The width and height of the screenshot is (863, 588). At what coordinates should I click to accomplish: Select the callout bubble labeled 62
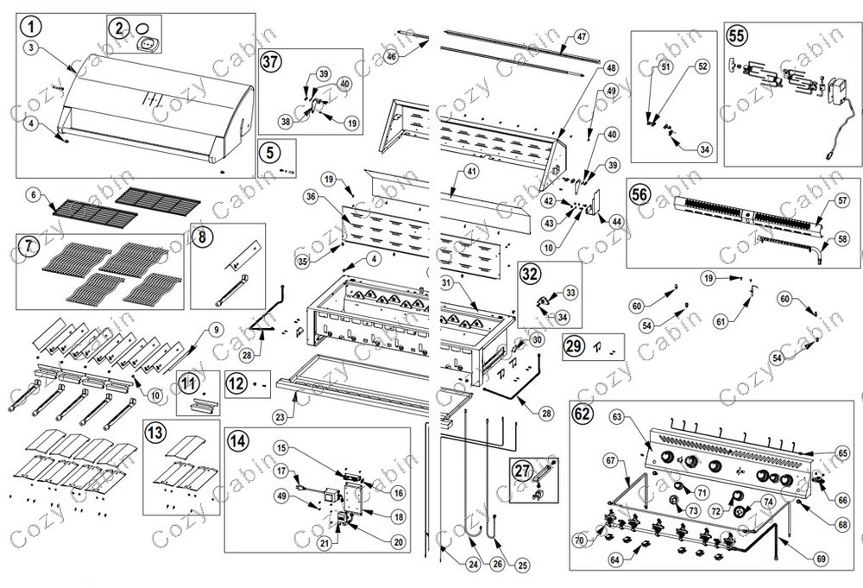[x=583, y=412]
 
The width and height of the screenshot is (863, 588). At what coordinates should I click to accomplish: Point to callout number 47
[x=581, y=37]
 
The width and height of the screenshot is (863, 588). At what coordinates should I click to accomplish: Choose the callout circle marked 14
[x=237, y=439]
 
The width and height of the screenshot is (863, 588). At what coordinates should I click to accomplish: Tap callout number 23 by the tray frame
[x=279, y=417]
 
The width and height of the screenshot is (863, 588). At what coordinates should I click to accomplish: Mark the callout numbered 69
[x=821, y=559]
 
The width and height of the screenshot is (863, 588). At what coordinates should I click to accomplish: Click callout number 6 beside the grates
[x=34, y=196]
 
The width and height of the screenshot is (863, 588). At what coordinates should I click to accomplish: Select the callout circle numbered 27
[x=520, y=471]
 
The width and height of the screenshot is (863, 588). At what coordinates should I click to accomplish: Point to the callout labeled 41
[x=470, y=171]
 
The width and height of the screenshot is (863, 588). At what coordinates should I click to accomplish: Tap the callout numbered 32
[x=529, y=274]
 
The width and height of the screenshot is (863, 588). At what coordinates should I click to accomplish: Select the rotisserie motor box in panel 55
[x=837, y=92]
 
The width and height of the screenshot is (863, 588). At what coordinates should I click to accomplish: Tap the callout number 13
[x=155, y=431]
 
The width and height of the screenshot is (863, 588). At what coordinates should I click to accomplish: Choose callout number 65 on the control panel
[x=843, y=452]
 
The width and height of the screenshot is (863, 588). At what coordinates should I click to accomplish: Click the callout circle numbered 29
[x=574, y=347]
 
